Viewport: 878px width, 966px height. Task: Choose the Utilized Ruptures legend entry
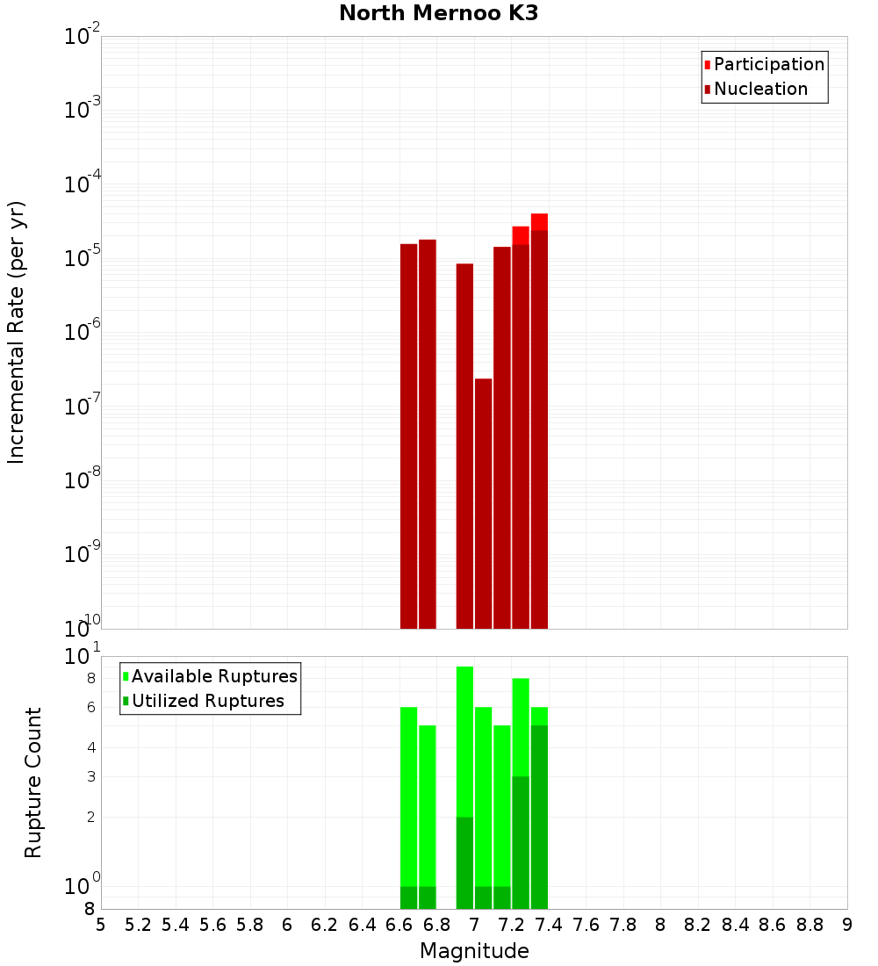(207, 701)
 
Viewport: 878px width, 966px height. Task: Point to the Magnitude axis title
(474, 951)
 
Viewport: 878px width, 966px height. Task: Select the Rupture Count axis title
(33, 782)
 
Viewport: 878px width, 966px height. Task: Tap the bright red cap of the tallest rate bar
(539, 221)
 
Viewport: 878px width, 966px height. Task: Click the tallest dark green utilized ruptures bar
(539, 817)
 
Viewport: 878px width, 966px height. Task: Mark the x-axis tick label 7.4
(549, 925)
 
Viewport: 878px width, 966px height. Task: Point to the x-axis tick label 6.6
(399, 925)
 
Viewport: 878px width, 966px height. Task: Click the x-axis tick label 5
(101, 925)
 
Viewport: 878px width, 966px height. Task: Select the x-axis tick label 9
(847, 925)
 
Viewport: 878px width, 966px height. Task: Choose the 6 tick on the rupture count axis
(90, 707)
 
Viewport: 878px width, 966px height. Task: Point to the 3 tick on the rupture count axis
(90, 776)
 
